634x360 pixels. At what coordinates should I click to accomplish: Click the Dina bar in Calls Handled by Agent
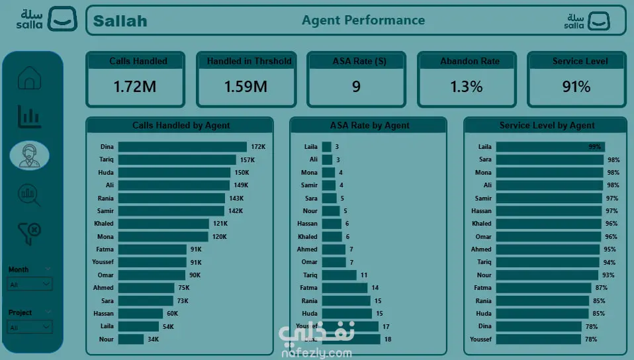(x=182, y=147)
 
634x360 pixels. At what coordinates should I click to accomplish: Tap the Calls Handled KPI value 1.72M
(x=134, y=87)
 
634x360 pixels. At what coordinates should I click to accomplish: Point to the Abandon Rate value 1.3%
(x=466, y=87)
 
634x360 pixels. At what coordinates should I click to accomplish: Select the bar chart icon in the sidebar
(x=30, y=116)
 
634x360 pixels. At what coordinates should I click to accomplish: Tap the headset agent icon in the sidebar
(x=30, y=155)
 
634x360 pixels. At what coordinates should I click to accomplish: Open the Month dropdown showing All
(x=29, y=283)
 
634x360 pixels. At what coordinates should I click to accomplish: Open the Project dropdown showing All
(x=29, y=327)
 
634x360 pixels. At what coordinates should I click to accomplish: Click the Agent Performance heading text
(x=363, y=20)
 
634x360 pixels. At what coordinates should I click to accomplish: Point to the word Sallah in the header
(x=120, y=21)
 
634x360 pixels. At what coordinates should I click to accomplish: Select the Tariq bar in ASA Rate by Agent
(x=339, y=275)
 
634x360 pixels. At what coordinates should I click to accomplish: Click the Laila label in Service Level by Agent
(x=484, y=147)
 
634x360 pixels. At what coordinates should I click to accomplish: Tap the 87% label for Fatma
(x=601, y=288)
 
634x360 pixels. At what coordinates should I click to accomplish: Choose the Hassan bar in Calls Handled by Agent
(x=140, y=314)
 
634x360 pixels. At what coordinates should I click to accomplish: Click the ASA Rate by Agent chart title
(x=369, y=125)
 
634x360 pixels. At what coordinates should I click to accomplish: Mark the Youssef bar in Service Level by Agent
(x=538, y=339)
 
